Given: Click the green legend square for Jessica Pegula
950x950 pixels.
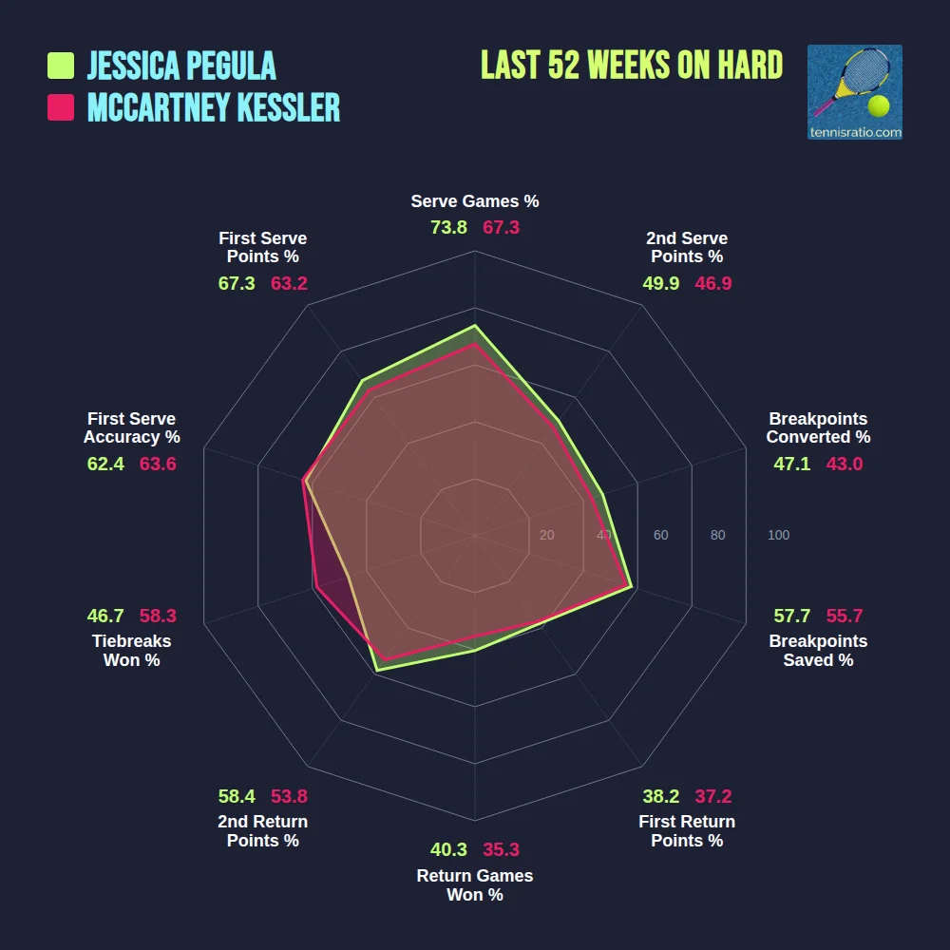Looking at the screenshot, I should [61, 66].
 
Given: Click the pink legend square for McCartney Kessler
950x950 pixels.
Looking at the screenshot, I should [61, 107].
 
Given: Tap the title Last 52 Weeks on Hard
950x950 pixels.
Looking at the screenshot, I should [632, 66].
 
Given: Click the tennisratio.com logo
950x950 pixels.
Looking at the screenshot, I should [854, 92].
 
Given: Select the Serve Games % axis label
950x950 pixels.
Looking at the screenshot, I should [474, 201].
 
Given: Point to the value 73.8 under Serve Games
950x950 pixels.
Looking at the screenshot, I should [448, 227].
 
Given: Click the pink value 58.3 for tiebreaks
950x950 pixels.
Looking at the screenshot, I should [158, 616].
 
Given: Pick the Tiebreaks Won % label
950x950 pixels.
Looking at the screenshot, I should [131, 651].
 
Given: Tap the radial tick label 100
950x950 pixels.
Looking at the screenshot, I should [778, 536].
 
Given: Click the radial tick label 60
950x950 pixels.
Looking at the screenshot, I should [660, 536].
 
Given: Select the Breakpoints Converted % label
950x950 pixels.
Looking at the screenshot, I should [818, 427].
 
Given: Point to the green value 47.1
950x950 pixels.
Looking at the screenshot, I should [792, 464].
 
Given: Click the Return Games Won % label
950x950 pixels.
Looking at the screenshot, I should [474, 885].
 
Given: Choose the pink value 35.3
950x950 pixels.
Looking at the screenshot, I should [501, 849].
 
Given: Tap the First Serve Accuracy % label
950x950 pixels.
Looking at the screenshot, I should [131, 427].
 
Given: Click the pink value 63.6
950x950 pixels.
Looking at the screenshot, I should [158, 464].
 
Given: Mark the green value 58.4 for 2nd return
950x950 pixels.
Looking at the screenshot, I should [237, 796].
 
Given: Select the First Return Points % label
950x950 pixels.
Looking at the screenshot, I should [687, 831].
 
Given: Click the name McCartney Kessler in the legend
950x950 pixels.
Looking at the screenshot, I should [214, 107].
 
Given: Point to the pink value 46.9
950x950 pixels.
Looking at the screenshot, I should [712, 283].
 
